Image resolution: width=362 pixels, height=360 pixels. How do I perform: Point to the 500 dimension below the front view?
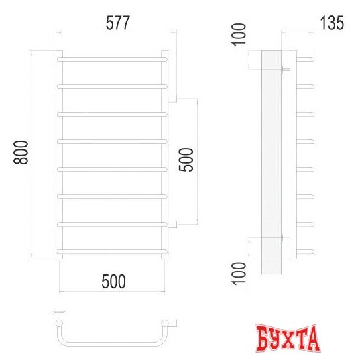coord(113,282)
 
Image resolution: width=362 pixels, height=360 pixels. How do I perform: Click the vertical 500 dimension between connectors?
coord(187,160)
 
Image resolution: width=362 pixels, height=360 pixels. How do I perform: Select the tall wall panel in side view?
coord(271,161)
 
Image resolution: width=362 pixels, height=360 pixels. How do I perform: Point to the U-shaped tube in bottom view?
coord(114,342)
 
